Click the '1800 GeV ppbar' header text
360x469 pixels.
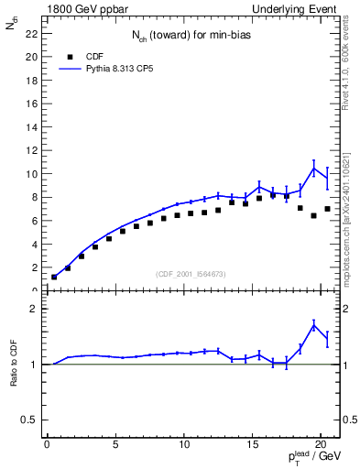83,7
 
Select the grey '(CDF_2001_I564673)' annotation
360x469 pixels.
192,274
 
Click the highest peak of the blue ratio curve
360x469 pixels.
314,324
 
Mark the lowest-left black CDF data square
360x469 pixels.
54,277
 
